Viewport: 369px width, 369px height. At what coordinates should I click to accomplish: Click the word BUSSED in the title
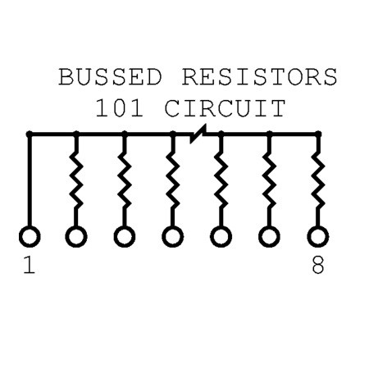(x=111, y=77)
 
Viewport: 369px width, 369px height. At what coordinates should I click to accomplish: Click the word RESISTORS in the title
(x=260, y=77)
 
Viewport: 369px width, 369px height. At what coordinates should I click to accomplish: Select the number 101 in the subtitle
(x=119, y=108)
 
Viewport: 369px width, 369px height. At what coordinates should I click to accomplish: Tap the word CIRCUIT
(x=225, y=108)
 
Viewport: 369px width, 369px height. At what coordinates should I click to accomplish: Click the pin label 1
(x=30, y=265)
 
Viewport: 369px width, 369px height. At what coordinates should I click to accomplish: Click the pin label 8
(x=318, y=265)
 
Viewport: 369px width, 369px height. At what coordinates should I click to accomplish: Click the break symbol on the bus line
(x=198, y=134)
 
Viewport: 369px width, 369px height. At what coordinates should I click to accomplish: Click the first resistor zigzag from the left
(x=76, y=180)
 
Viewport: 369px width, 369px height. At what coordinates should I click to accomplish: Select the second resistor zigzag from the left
(x=125, y=180)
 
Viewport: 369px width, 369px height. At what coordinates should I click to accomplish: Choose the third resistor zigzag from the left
(x=172, y=180)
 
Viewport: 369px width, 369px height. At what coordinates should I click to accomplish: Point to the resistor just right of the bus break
(x=221, y=180)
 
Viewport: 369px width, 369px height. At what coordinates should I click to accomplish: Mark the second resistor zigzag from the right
(x=269, y=180)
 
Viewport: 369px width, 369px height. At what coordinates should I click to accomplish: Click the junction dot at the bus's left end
(x=30, y=134)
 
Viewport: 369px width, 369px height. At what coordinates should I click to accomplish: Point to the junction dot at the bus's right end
(x=318, y=134)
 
